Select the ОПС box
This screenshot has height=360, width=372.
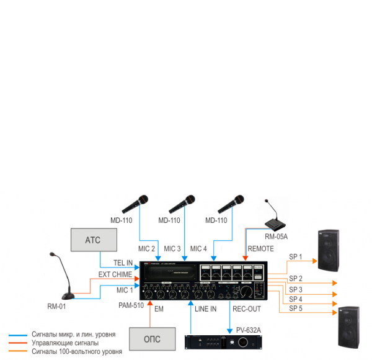click(x=152, y=339)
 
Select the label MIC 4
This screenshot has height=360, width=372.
click(x=198, y=249)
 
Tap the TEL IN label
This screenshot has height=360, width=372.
click(x=123, y=263)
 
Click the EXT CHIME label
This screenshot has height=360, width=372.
click(x=115, y=274)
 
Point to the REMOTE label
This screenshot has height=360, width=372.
click(x=260, y=249)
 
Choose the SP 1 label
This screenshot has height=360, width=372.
click(x=296, y=256)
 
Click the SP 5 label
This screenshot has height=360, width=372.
click(x=296, y=308)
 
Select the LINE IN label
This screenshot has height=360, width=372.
click(x=205, y=308)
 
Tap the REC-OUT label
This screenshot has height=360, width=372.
click(x=246, y=308)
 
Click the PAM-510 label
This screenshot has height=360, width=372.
click(x=131, y=305)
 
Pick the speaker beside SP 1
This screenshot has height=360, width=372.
click(x=329, y=251)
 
